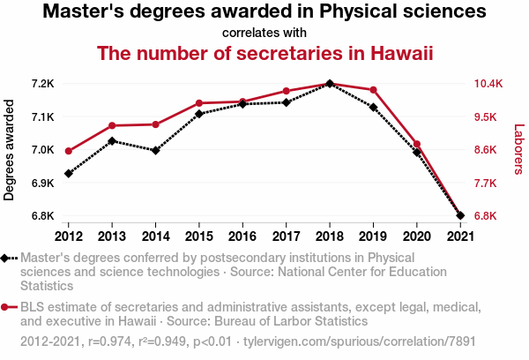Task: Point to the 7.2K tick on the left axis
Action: click(42, 84)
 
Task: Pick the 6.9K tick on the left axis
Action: click(42, 183)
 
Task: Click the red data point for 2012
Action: click(69, 151)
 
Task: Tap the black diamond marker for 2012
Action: click(69, 173)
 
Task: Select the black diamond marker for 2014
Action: click(156, 150)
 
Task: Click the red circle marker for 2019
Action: click(373, 90)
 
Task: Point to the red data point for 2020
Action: click(416, 144)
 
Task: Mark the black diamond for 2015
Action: click(199, 114)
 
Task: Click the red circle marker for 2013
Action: click(112, 125)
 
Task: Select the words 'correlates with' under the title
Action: click(264, 33)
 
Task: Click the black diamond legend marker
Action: click(6, 258)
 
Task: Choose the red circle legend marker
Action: click(6, 307)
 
